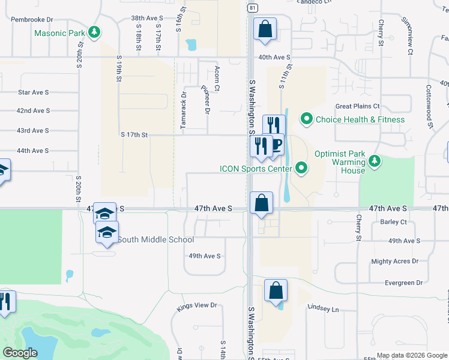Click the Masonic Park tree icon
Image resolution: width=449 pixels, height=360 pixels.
(94, 31)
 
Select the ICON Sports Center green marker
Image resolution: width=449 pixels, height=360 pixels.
(301, 169)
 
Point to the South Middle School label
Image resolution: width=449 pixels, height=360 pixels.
(155, 240)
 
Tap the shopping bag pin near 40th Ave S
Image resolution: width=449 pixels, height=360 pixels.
(265, 29)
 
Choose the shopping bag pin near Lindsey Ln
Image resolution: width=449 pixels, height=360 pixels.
(276, 292)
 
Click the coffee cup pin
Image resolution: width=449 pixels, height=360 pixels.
(276, 145)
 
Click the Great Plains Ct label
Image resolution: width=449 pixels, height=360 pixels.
(357, 106)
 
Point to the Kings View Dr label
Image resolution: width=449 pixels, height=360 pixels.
(197, 306)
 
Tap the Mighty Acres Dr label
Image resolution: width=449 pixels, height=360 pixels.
(395, 262)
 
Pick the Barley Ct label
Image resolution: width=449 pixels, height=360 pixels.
(393, 222)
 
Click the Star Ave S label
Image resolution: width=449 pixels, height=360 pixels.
(33, 92)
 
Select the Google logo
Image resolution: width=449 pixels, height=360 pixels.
(20, 353)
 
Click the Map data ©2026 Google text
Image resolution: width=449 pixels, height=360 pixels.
(411, 355)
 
